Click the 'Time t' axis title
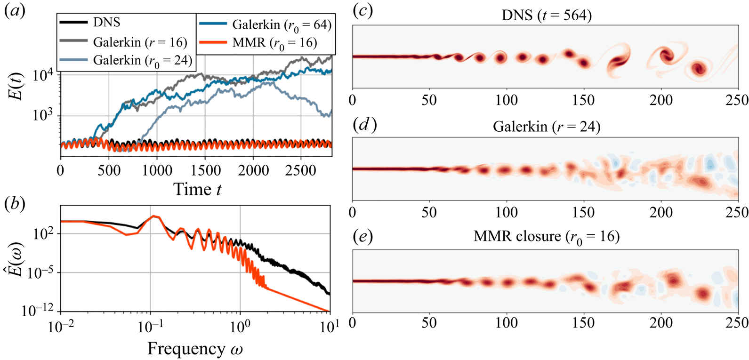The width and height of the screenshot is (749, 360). point(197,189)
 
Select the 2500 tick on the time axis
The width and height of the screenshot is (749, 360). point(301,170)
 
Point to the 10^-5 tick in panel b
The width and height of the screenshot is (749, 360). point(42,273)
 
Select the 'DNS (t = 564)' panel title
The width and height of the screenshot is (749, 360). point(546,15)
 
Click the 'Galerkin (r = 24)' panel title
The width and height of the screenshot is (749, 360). point(547,127)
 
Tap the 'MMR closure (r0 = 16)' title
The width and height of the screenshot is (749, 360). point(546,236)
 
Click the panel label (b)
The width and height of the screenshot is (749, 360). point(15,205)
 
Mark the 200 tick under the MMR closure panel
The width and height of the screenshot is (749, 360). point(661,323)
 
